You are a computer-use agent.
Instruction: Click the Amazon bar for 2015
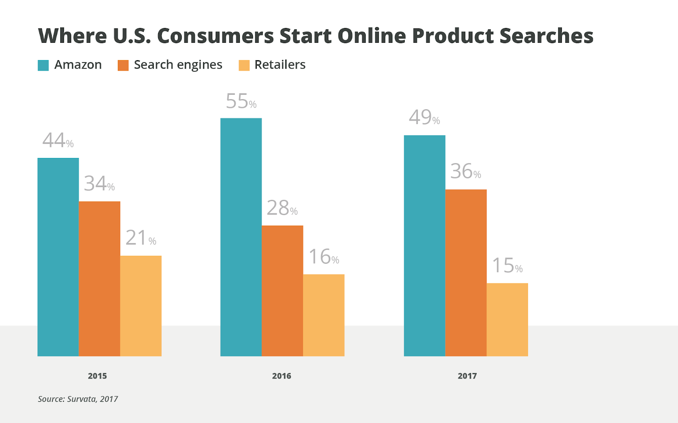tap(58, 257)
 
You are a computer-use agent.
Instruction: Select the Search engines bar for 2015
tap(100, 279)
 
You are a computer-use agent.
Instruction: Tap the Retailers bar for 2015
tap(141, 306)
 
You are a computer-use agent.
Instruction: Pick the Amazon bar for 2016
tap(241, 237)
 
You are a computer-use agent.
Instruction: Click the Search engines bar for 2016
tap(282, 291)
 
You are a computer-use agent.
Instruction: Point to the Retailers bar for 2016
tap(324, 315)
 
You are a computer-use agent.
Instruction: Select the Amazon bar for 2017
tap(425, 246)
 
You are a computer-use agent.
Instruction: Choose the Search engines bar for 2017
tap(466, 273)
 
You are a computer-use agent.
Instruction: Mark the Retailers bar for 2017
tap(507, 320)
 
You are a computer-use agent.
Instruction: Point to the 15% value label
tap(507, 266)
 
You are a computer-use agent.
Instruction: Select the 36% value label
tap(466, 171)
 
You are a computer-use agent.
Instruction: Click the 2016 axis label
tap(281, 376)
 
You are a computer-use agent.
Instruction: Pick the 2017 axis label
tap(467, 376)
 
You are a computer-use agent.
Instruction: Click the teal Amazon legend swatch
tap(43, 65)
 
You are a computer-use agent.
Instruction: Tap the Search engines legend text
tap(178, 65)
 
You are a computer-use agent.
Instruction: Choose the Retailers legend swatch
tap(244, 65)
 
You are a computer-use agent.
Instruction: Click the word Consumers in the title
tap(215, 36)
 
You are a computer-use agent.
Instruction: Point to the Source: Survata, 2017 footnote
tap(78, 399)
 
